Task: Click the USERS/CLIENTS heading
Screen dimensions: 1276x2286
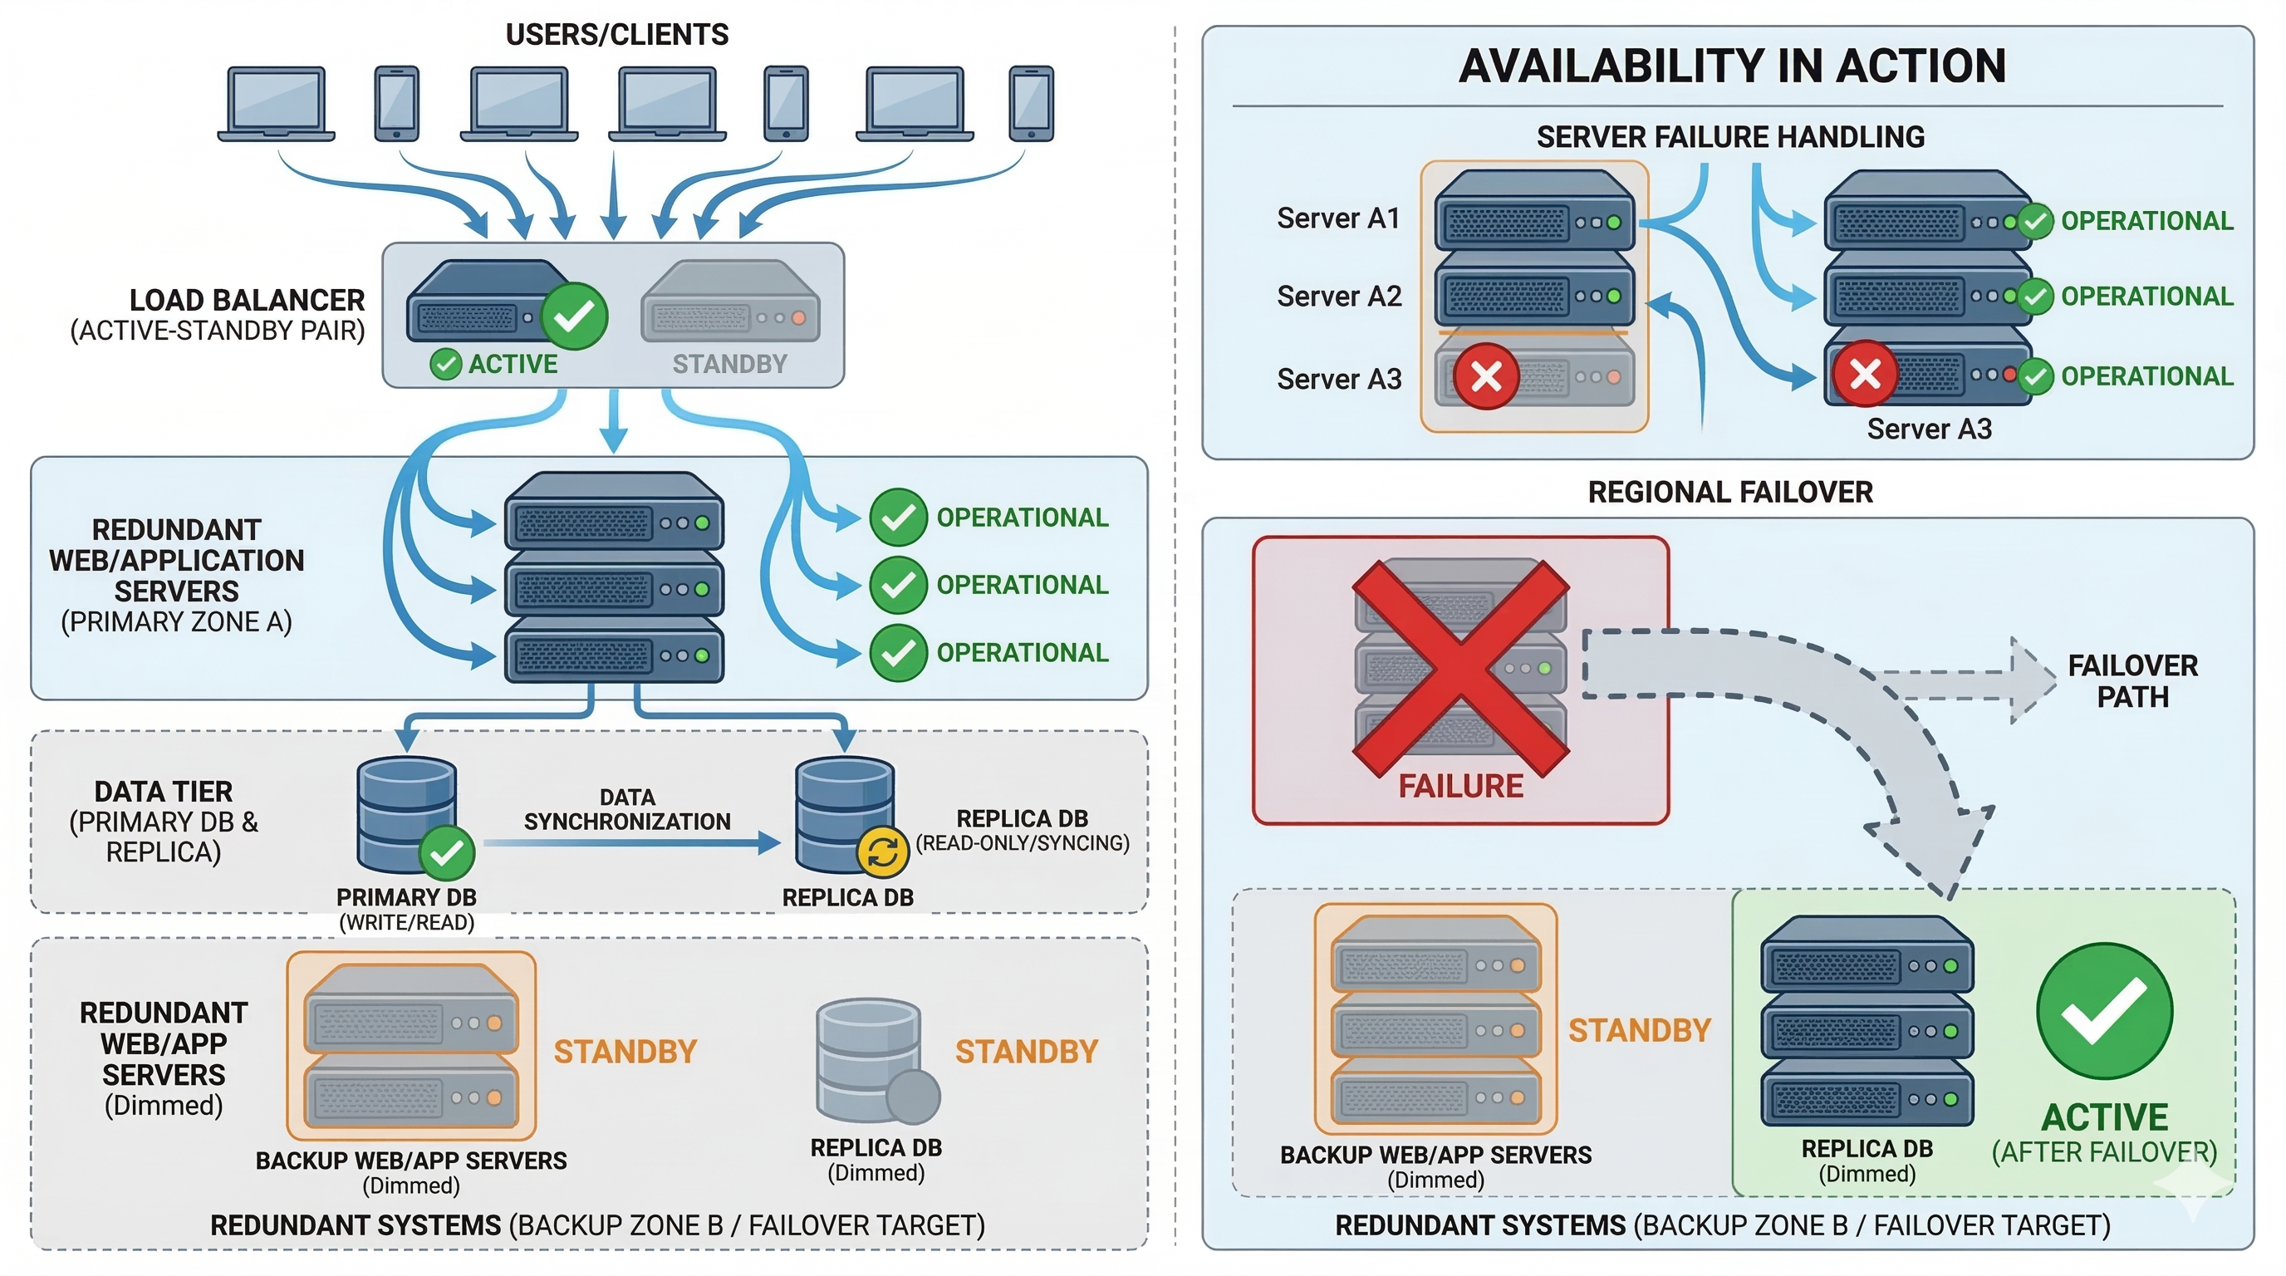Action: coord(616,35)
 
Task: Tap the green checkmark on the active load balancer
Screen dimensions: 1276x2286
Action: coord(574,315)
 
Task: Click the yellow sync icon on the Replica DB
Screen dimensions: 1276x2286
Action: coord(882,851)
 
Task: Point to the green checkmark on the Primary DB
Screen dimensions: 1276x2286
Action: coord(446,852)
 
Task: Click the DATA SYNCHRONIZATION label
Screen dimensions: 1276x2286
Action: coord(626,809)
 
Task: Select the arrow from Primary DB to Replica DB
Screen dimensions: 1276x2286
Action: coord(630,843)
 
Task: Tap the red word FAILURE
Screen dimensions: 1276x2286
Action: coord(1460,786)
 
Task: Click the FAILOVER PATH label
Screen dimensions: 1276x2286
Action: coord(2131,680)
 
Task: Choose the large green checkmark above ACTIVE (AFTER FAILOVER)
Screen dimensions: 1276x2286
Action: coord(2104,1011)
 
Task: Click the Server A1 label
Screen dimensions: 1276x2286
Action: coord(1338,218)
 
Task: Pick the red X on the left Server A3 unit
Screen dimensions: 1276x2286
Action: coord(1485,376)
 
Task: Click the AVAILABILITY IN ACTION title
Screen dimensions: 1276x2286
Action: coord(1731,66)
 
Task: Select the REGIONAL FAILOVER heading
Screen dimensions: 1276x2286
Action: coord(1729,492)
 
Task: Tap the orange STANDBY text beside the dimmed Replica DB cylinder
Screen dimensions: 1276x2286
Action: coord(1026,1052)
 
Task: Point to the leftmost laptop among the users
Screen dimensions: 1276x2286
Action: coord(276,104)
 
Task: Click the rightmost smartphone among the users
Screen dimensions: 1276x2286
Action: coord(1031,103)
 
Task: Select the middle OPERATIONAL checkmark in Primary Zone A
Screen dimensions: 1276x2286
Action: coord(898,585)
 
